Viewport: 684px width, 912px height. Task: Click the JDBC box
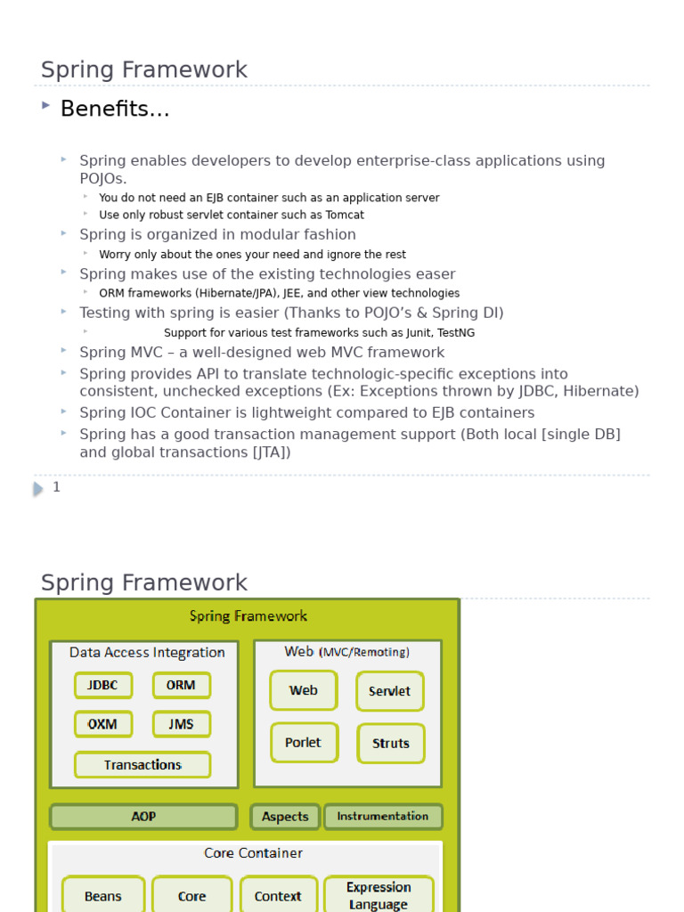click(x=103, y=686)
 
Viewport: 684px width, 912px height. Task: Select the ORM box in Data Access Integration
click(x=181, y=686)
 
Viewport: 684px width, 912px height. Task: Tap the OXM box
click(x=103, y=724)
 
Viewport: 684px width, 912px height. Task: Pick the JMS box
click(x=181, y=724)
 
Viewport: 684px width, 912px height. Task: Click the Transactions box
click(x=142, y=765)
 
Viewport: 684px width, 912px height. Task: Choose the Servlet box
click(x=390, y=691)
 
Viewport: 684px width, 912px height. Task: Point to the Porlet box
click(x=304, y=743)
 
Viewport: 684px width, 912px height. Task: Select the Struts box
click(x=391, y=744)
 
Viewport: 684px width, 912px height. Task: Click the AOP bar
click(x=143, y=817)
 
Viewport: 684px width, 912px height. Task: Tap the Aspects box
click(x=285, y=817)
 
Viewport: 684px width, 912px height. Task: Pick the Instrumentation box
click(x=383, y=817)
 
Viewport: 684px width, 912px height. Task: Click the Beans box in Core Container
click(x=103, y=896)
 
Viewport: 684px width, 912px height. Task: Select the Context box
click(x=278, y=896)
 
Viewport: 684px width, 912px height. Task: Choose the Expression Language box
click(x=379, y=895)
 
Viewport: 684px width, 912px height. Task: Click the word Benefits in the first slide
click(x=114, y=110)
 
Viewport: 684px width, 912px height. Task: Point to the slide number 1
click(x=56, y=487)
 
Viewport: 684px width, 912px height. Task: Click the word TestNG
click(x=456, y=332)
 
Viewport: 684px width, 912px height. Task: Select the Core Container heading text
click(x=253, y=853)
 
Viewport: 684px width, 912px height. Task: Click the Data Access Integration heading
click(x=147, y=652)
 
